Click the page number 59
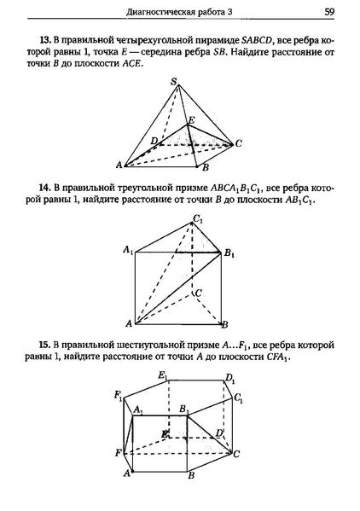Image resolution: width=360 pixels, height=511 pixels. click(329, 12)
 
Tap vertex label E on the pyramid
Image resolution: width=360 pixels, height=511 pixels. click(191, 119)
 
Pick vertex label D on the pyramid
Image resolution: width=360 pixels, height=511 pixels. click(154, 140)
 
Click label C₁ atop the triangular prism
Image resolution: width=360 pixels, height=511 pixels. click(198, 219)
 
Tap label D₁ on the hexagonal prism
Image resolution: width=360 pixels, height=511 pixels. click(229, 380)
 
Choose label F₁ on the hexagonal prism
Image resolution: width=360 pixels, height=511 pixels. click(119, 396)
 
